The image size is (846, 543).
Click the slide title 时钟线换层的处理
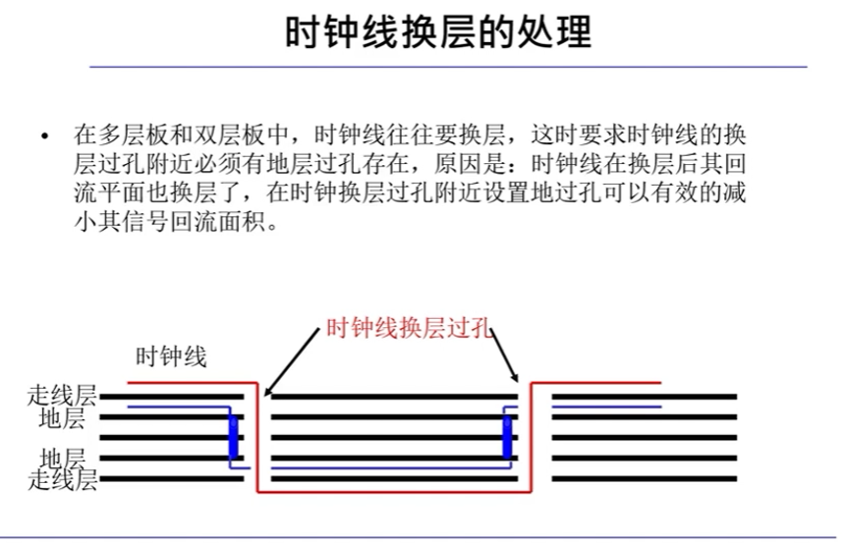pyautogui.click(x=438, y=33)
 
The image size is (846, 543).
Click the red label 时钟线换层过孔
pyautogui.click(x=409, y=329)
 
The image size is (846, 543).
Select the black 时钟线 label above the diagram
pyautogui.click(x=171, y=356)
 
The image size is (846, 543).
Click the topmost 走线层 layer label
pyautogui.click(x=63, y=397)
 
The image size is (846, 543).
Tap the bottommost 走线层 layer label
pyautogui.click(x=63, y=480)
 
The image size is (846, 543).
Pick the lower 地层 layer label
pyautogui.click(x=63, y=459)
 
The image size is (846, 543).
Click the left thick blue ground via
pyautogui.click(x=233, y=435)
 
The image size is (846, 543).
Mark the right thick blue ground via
pyautogui.click(x=507, y=435)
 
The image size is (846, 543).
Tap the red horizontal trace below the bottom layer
pyautogui.click(x=393, y=491)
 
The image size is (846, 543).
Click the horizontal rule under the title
pyautogui.click(x=448, y=67)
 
